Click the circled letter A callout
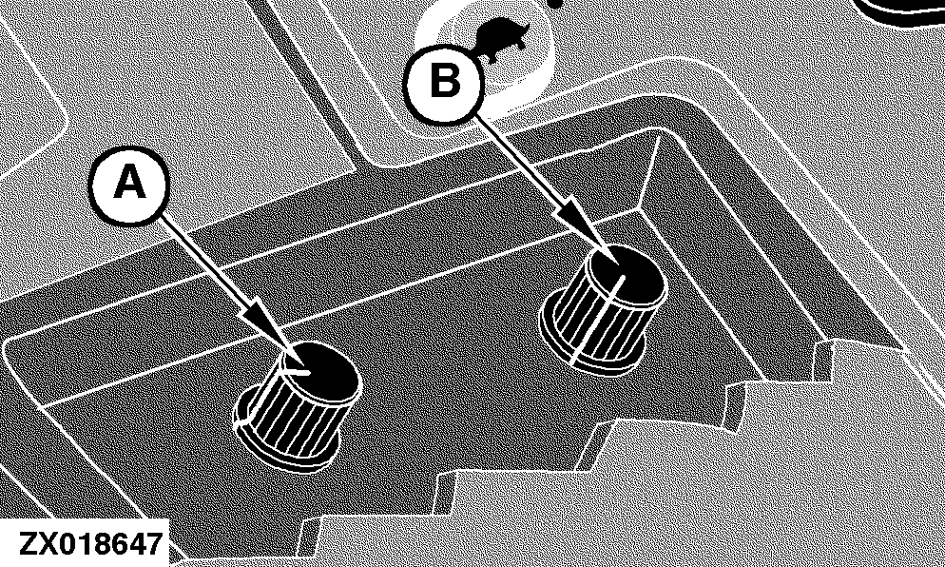click(129, 185)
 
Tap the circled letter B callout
click(444, 82)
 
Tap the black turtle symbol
click(500, 37)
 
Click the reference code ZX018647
click(90, 543)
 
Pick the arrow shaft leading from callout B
click(517, 163)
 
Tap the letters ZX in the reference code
click(38, 543)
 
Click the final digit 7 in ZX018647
click(154, 543)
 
